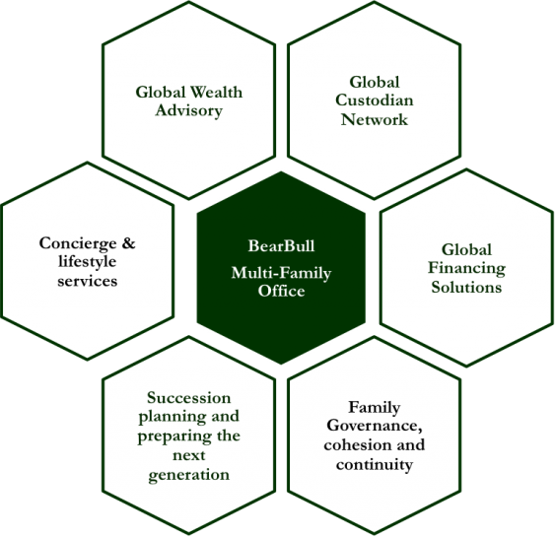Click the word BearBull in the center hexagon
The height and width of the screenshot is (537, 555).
click(x=281, y=245)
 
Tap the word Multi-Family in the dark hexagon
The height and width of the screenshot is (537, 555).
click(x=281, y=274)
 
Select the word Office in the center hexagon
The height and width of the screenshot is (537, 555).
click(x=281, y=291)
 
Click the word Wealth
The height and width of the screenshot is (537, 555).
click(x=216, y=93)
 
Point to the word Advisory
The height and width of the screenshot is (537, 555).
click(x=188, y=110)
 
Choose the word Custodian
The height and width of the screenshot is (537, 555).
click(x=375, y=101)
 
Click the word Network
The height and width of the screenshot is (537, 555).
click(x=375, y=119)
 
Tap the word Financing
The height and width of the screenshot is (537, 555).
click(x=466, y=268)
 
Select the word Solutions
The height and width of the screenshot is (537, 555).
click(x=466, y=287)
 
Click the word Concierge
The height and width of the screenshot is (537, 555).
click(x=78, y=243)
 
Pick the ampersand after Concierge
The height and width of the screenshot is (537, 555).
click(x=128, y=243)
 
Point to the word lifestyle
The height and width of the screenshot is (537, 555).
click(x=87, y=262)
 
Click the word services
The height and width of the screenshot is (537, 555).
click(x=87, y=281)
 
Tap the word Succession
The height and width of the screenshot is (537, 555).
click(x=188, y=398)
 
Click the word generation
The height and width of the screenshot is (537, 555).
click(x=188, y=474)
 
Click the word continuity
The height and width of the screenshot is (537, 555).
click(x=375, y=464)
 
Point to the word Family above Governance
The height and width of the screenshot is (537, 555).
click(x=375, y=408)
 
